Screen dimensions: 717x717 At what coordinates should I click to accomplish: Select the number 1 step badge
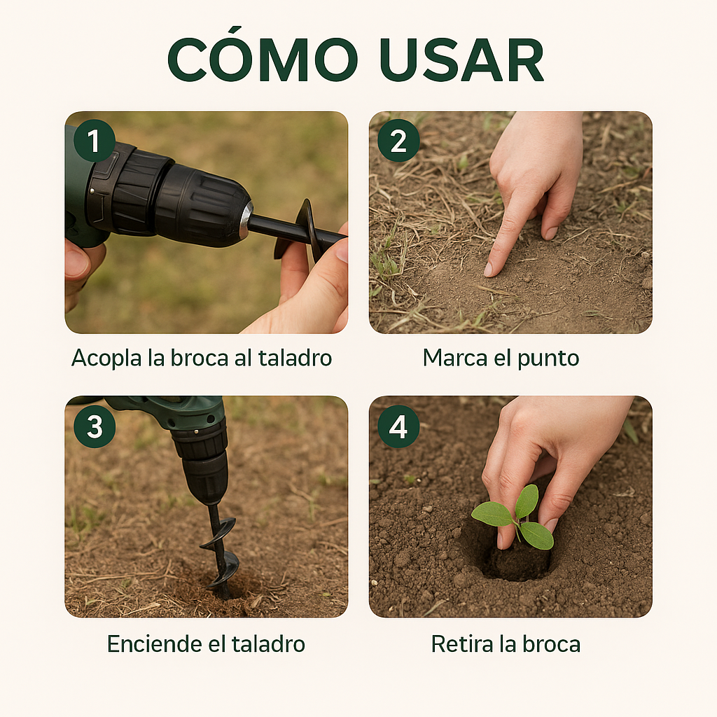[95, 141]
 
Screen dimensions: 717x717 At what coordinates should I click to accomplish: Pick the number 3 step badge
[95, 426]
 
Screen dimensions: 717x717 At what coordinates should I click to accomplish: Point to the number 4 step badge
[398, 426]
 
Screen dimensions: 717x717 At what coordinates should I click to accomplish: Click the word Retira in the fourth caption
[463, 643]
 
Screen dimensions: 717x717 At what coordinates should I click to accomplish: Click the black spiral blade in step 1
[307, 228]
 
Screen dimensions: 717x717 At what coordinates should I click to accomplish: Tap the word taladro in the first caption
[294, 358]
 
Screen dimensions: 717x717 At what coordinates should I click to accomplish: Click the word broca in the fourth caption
[554, 643]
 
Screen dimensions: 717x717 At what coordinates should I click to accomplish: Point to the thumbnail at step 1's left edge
[76, 263]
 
